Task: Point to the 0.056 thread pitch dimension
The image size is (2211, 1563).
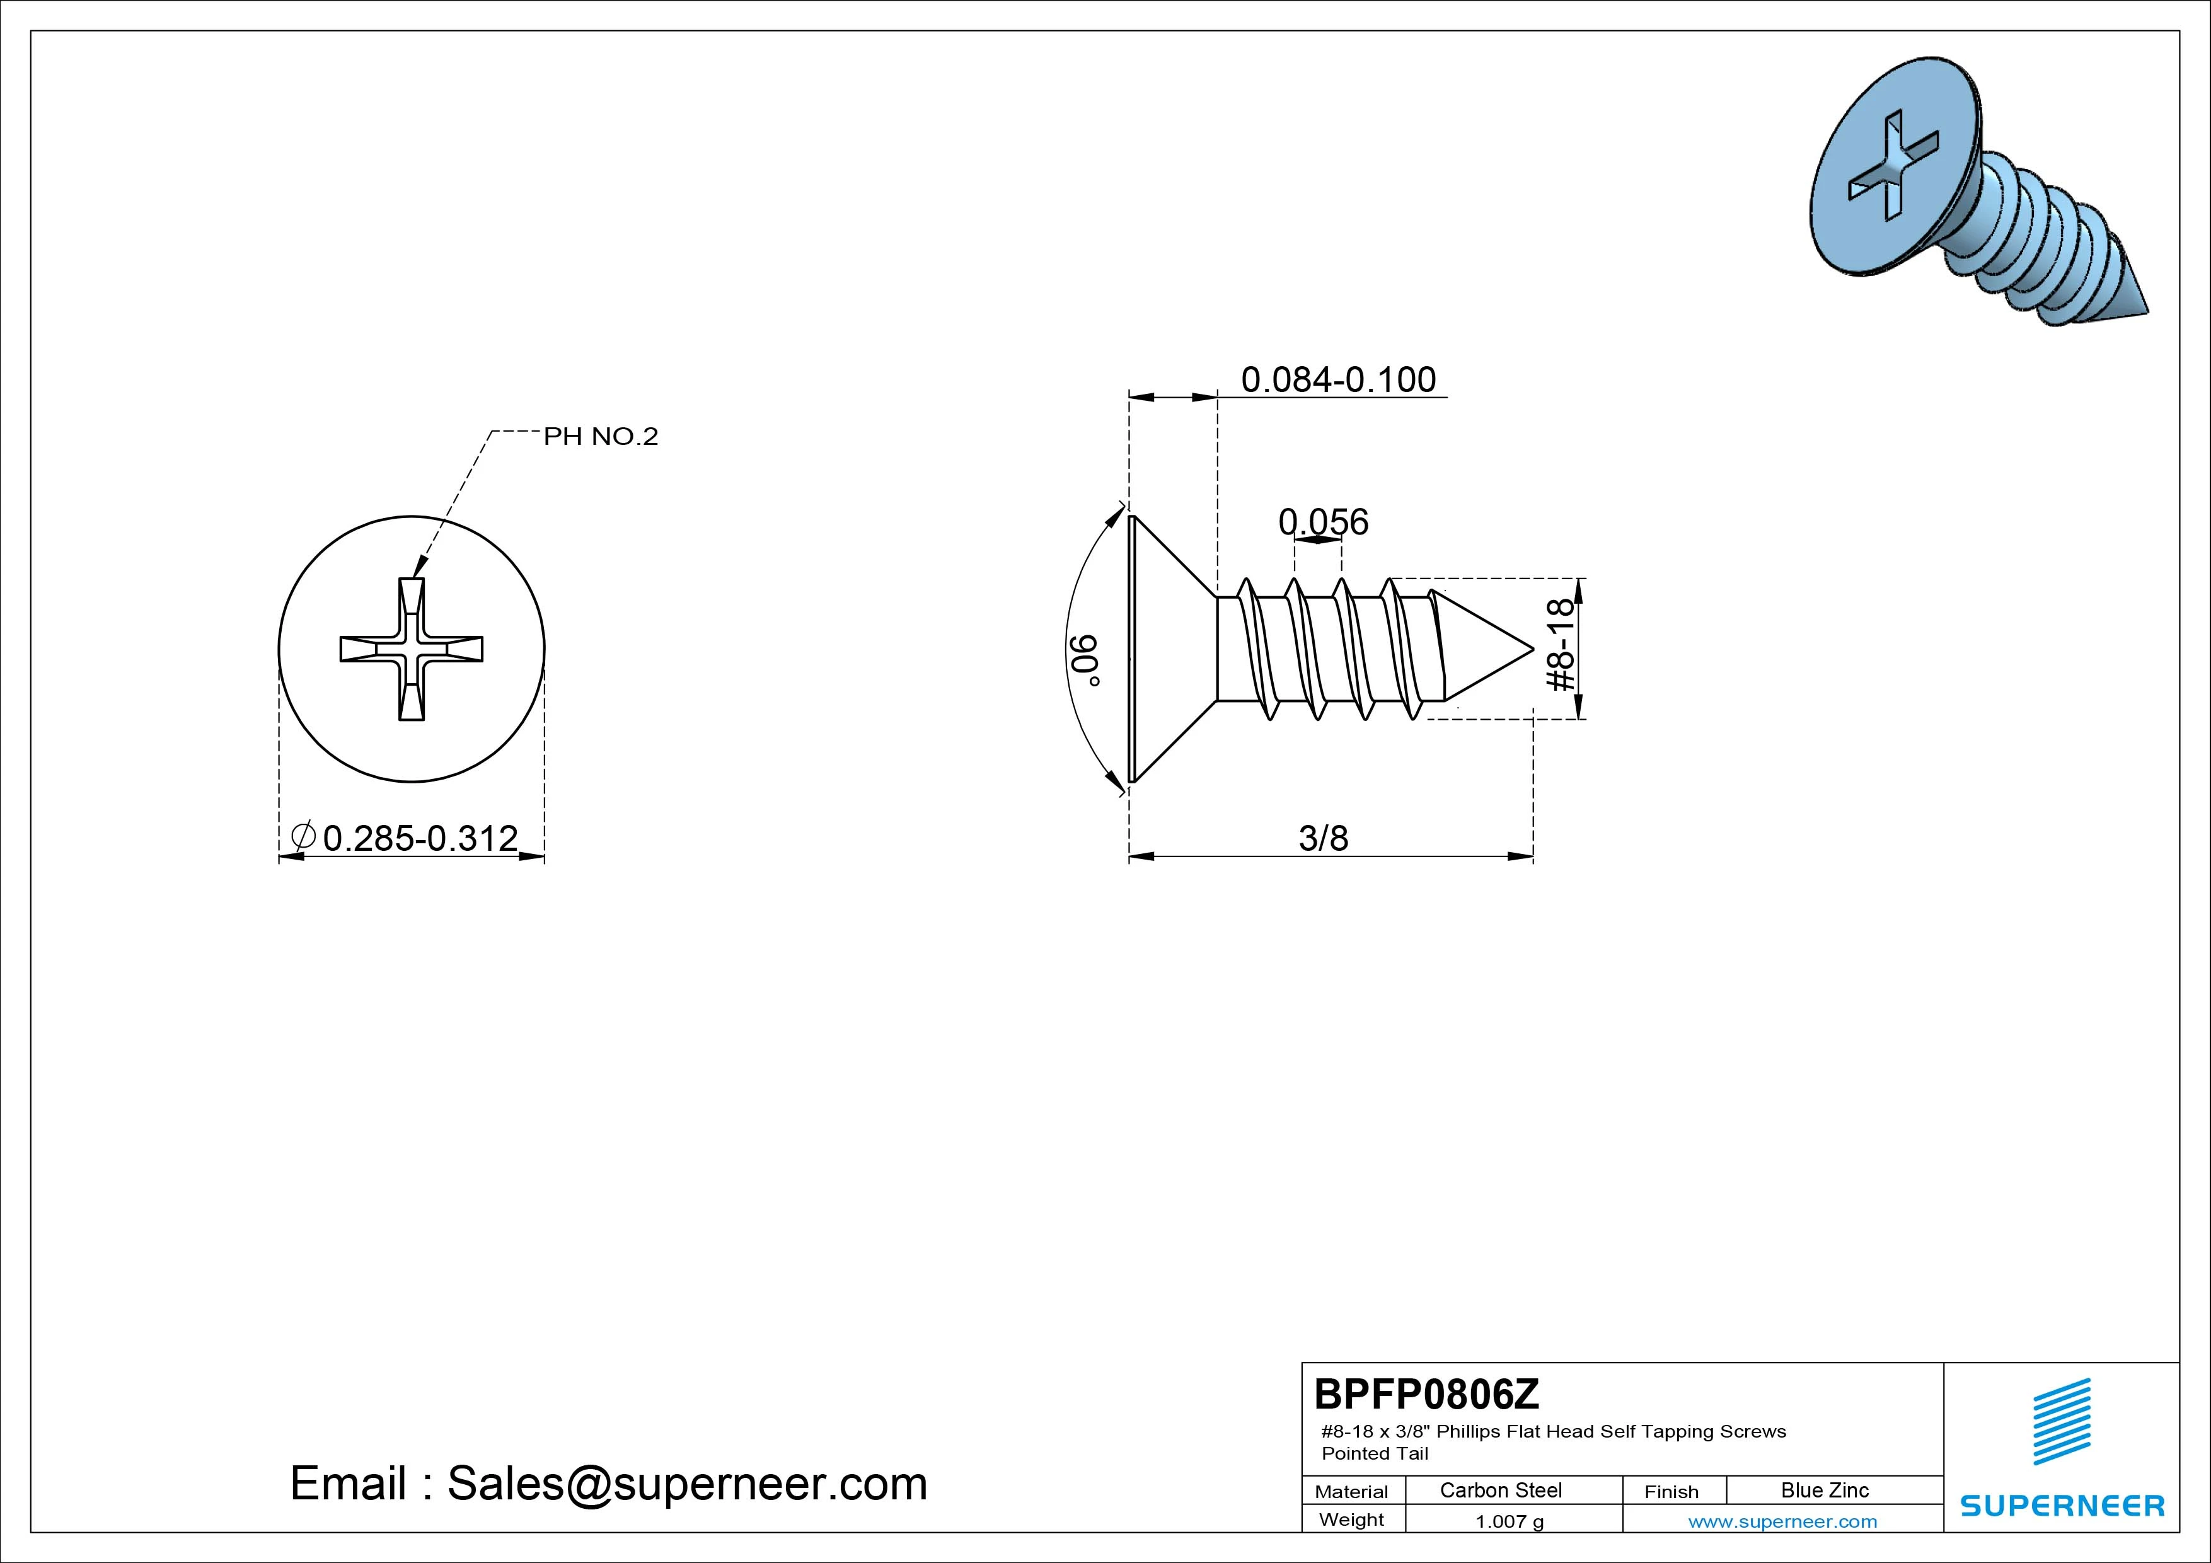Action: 1323,522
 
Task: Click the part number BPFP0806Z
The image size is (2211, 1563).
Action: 1426,1393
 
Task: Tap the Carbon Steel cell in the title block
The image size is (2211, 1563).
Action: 1500,1490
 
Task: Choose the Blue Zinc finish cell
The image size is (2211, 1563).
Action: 1825,1490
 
